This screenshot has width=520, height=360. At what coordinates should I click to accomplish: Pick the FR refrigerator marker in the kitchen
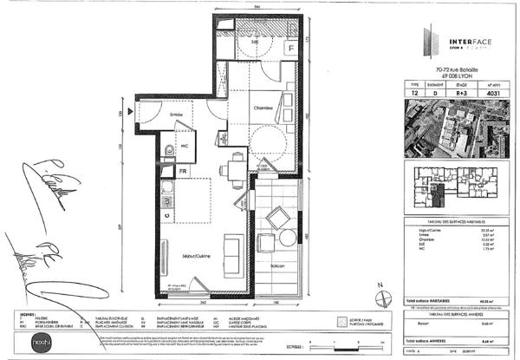[184, 171]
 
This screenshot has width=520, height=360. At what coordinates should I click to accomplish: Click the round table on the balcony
[277, 215]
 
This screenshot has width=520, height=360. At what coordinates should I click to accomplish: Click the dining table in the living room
[234, 168]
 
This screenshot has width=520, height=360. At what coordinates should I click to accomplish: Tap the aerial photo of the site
[456, 127]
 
